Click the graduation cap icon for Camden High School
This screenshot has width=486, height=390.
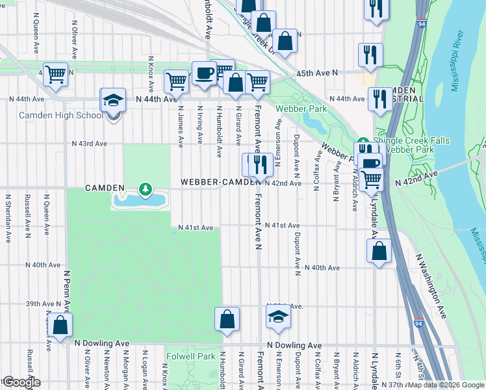[113, 101]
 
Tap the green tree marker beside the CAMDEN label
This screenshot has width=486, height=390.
[146, 189]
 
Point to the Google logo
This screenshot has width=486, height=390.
[21, 382]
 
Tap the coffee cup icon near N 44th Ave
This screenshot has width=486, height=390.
[204, 73]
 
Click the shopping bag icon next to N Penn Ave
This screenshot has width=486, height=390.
[60, 326]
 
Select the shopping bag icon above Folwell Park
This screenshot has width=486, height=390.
[227, 319]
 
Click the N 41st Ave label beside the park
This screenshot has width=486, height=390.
[196, 227]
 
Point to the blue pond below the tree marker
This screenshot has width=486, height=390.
[139, 201]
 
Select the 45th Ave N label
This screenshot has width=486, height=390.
[318, 73]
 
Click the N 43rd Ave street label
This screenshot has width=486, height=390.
[88, 143]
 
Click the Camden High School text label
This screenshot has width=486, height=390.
[60, 116]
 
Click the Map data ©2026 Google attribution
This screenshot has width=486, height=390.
[446, 385]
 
